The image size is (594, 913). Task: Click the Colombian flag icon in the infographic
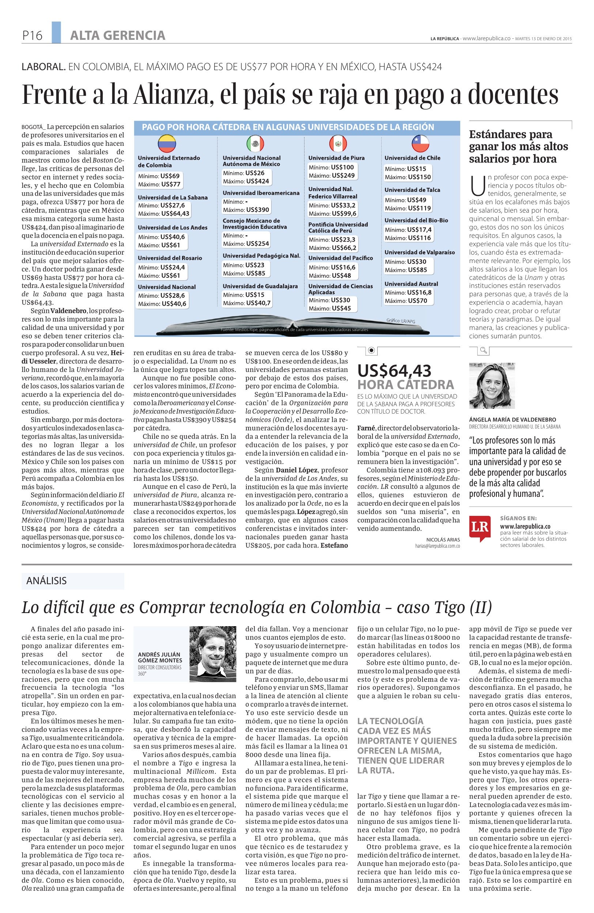coord(167,144)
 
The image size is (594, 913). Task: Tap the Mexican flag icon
coord(255,144)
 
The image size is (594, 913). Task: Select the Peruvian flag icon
coord(338,144)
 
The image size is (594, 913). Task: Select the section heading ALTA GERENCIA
coord(117,36)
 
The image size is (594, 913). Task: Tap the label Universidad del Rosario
coord(170,258)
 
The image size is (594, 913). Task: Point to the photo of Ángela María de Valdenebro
coord(492,386)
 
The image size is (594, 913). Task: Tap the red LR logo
coord(480,528)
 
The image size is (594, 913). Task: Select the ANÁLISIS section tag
coord(46,581)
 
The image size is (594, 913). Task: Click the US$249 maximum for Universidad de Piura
coord(344,175)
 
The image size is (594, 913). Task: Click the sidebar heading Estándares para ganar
coord(510,147)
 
